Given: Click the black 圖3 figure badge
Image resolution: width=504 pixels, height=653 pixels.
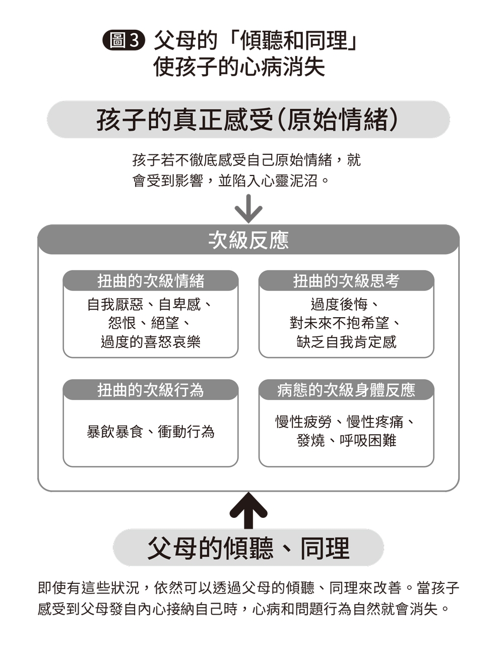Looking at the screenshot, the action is (x=124, y=40).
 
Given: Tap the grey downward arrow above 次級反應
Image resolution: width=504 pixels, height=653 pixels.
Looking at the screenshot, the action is (x=248, y=209).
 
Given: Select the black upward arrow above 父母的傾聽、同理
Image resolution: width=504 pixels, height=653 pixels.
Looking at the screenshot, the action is (x=248, y=511).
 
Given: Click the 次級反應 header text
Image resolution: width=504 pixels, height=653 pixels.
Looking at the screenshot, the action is (x=248, y=241).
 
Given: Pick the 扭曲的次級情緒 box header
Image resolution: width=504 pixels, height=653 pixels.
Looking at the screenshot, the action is (x=151, y=281).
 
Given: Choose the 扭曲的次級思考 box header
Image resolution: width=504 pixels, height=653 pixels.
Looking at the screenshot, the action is (x=346, y=281).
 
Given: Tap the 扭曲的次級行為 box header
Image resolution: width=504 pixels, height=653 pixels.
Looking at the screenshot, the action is (x=151, y=390).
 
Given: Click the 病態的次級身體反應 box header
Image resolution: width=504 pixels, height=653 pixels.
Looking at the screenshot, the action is (x=346, y=390).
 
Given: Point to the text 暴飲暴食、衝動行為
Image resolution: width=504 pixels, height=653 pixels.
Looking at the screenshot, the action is (x=151, y=432).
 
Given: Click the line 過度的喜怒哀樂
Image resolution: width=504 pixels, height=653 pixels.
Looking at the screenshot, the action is (x=151, y=342).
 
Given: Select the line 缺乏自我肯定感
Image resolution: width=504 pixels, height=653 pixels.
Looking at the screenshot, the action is (x=346, y=342).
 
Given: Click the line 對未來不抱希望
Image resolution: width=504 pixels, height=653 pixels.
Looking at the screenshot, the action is (x=339, y=323).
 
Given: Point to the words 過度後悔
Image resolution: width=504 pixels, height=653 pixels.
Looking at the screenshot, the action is (x=339, y=305).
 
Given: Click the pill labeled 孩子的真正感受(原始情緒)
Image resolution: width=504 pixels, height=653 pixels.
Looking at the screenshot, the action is (x=248, y=120).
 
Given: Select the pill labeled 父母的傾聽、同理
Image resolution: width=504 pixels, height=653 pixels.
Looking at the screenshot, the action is (x=248, y=548).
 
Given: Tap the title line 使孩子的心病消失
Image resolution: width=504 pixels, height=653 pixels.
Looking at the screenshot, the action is (x=239, y=67).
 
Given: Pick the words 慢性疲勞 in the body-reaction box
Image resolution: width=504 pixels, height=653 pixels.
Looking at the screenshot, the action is (x=304, y=422).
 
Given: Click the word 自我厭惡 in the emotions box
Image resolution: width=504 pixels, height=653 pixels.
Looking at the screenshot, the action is (x=115, y=305).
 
